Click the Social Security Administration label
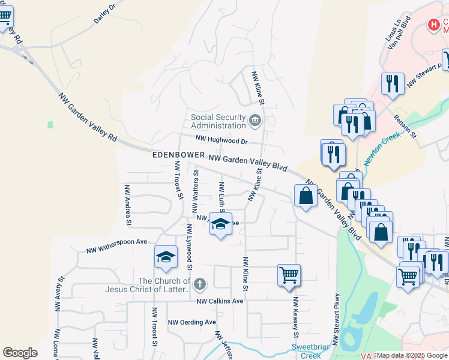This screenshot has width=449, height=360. pos(218,121)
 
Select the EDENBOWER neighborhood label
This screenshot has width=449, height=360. pos(178,155)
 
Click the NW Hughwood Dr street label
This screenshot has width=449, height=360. pos(221,140)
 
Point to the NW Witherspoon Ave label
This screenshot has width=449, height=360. pos(116,246)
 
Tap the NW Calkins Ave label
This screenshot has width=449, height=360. pos(220,301)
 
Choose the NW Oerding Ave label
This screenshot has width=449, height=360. pos(191,322)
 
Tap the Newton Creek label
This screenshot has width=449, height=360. pos(382,145)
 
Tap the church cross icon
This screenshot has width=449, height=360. pos(200,283)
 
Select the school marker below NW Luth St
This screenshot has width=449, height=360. pos(221,226)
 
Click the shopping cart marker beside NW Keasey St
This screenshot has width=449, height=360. pos(289,275)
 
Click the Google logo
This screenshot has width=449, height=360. pos(20,353)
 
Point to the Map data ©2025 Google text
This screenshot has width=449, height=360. pos(412,355)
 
